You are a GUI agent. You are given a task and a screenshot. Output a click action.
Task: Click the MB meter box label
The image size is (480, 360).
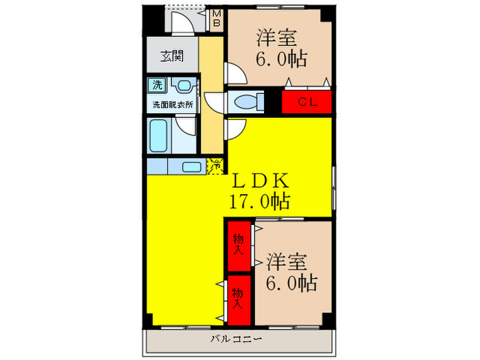(x=215, y=19)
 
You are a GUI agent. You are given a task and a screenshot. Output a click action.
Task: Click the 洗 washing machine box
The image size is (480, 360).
(x=158, y=86)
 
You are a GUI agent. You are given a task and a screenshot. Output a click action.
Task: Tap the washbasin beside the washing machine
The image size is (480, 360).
(x=182, y=86)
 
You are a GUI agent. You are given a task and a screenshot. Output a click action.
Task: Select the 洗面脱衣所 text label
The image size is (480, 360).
(x=172, y=105)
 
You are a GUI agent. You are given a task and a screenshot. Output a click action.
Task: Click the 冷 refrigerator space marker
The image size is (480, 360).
(x=216, y=165)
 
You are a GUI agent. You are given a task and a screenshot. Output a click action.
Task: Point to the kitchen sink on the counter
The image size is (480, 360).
(x=191, y=166)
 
